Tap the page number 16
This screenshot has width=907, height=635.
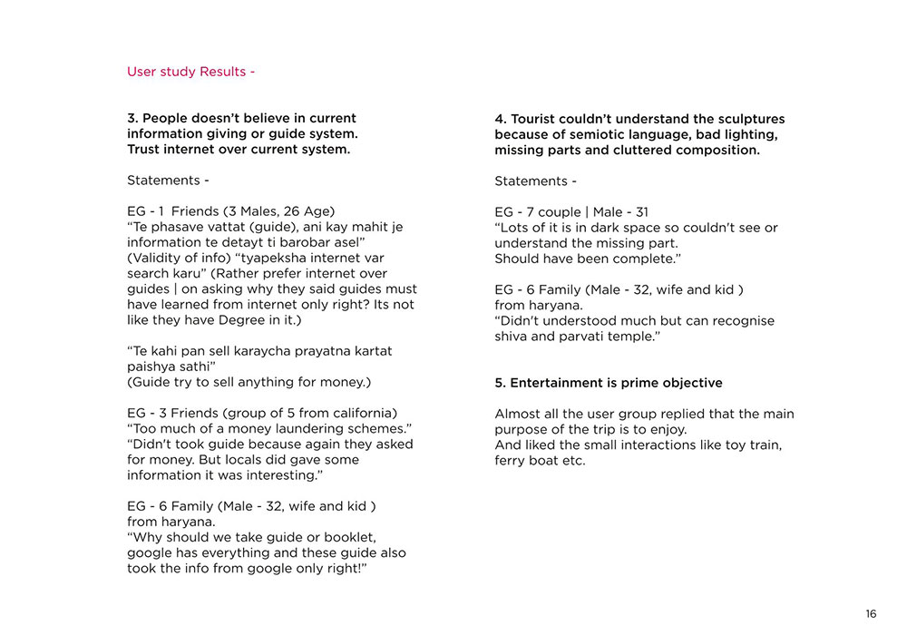[871, 614]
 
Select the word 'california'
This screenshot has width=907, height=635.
[361, 413]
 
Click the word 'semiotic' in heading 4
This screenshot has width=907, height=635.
[597, 134]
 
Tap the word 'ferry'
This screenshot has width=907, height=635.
[512, 460]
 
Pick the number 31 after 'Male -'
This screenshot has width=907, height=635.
[640, 212]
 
